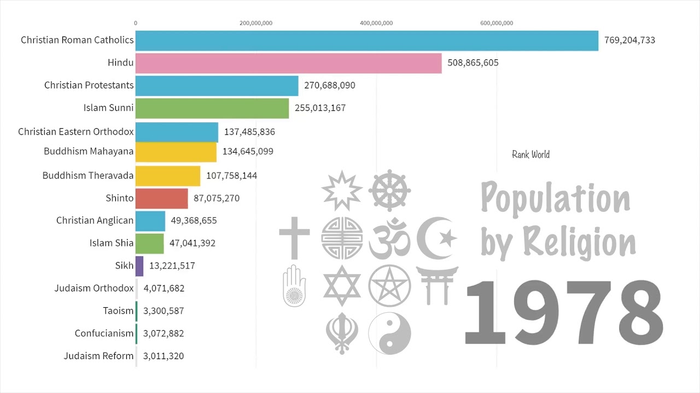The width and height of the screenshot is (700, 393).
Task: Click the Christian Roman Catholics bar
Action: pos(366,40)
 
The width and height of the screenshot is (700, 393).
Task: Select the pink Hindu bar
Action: pos(288,63)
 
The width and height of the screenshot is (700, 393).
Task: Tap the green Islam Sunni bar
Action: pos(212,108)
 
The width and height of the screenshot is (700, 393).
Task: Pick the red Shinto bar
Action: pos(161,198)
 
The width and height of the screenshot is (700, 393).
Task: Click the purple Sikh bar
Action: pos(139,266)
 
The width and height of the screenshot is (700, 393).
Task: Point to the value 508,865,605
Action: pos(472,63)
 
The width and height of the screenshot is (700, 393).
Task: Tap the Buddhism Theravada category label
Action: pos(88,176)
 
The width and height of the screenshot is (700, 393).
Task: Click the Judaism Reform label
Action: pos(98,356)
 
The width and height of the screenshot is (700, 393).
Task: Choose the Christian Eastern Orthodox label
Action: pos(75,132)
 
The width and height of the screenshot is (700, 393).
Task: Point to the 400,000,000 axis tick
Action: pos(376,23)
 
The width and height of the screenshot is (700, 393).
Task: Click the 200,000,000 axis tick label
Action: pos(256,23)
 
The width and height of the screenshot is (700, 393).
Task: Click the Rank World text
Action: pos(530,154)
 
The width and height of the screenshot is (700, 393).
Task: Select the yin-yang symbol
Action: pos(389,333)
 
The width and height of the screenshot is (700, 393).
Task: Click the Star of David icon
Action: pos(342,286)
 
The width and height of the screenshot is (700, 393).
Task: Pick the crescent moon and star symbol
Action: pos(436,238)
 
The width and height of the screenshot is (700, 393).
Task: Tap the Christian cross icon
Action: pos(294,238)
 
